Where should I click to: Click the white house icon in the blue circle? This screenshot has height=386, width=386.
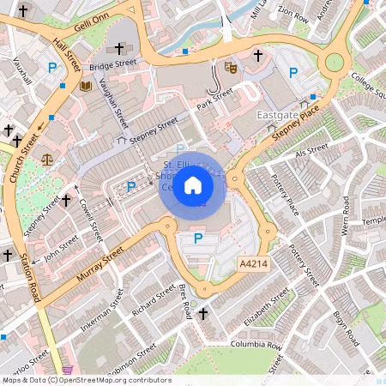(192, 184)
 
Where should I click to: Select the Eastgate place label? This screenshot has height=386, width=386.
(278, 113)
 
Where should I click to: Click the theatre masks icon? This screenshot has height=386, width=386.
(229, 65)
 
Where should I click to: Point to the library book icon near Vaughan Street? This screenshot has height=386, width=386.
(85, 86)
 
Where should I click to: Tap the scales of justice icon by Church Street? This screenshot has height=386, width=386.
(45, 160)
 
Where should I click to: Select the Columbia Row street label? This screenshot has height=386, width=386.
(256, 345)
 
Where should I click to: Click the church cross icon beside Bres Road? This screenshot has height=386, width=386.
(202, 315)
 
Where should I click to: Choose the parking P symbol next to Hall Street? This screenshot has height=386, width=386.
(52, 67)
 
